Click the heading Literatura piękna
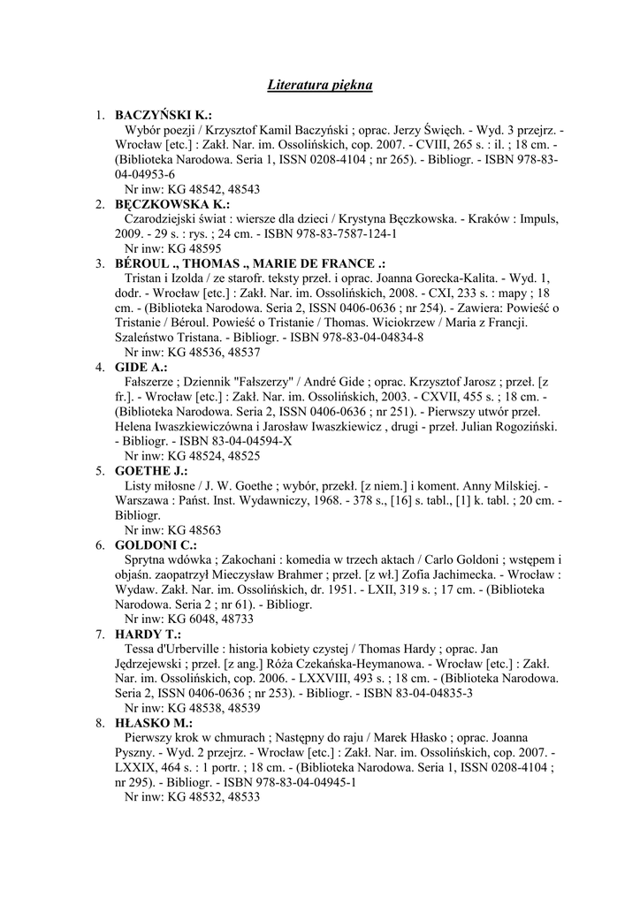pyautogui.click(x=320, y=86)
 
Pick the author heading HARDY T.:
pyautogui.click(x=148, y=635)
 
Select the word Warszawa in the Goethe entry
pyautogui.click(x=147, y=500)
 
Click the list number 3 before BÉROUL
pyautogui.click(x=101, y=263)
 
